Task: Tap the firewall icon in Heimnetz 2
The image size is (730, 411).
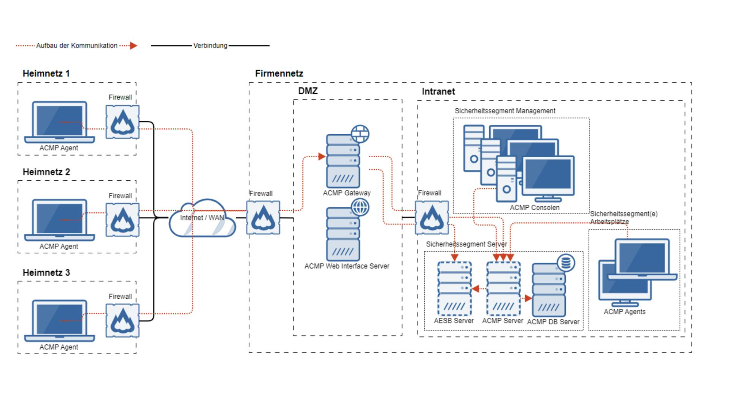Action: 122,220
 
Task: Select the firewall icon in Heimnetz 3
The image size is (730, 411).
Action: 122,320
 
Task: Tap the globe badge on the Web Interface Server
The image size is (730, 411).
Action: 360,207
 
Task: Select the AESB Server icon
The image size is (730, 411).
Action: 454,288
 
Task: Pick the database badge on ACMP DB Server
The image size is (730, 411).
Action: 566,263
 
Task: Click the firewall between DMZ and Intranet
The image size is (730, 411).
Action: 432,218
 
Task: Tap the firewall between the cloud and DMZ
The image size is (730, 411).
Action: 263,218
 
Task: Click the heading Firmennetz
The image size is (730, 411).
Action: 279,73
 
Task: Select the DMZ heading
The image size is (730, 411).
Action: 308,91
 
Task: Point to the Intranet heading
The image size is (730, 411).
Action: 438,91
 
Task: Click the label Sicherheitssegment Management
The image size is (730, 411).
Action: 505,111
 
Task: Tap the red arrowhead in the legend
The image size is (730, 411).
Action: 133,46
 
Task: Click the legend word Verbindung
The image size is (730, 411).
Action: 210,46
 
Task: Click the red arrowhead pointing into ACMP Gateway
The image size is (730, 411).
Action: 322,156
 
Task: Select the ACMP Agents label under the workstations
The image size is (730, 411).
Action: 624,312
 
